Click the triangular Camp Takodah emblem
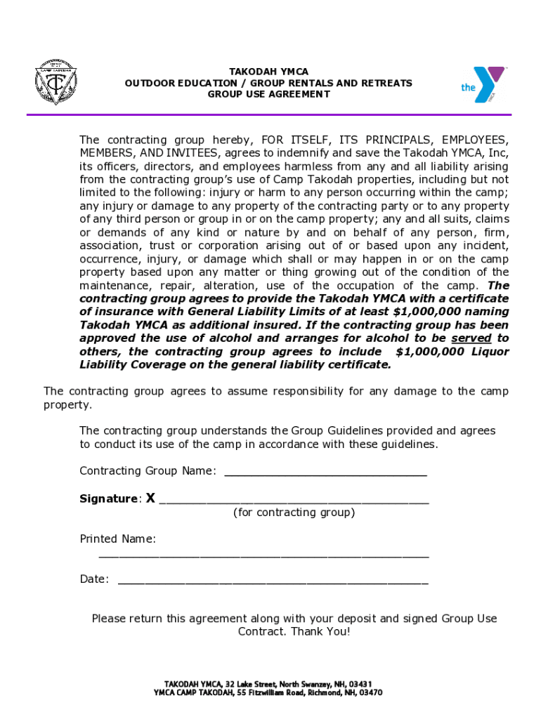(x=56, y=86)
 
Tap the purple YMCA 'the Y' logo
(x=484, y=84)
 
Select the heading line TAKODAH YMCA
(x=268, y=72)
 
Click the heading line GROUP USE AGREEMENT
(x=268, y=94)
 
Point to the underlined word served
(x=471, y=338)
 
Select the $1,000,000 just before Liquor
(x=430, y=352)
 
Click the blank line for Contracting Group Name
(x=325, y=472)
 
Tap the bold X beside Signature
(x=150, y=499)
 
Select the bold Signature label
(x=109, y=499)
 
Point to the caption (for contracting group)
(x=294, y=513)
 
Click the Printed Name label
(x=117, y=539)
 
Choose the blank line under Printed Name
(x=263, y=554)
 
